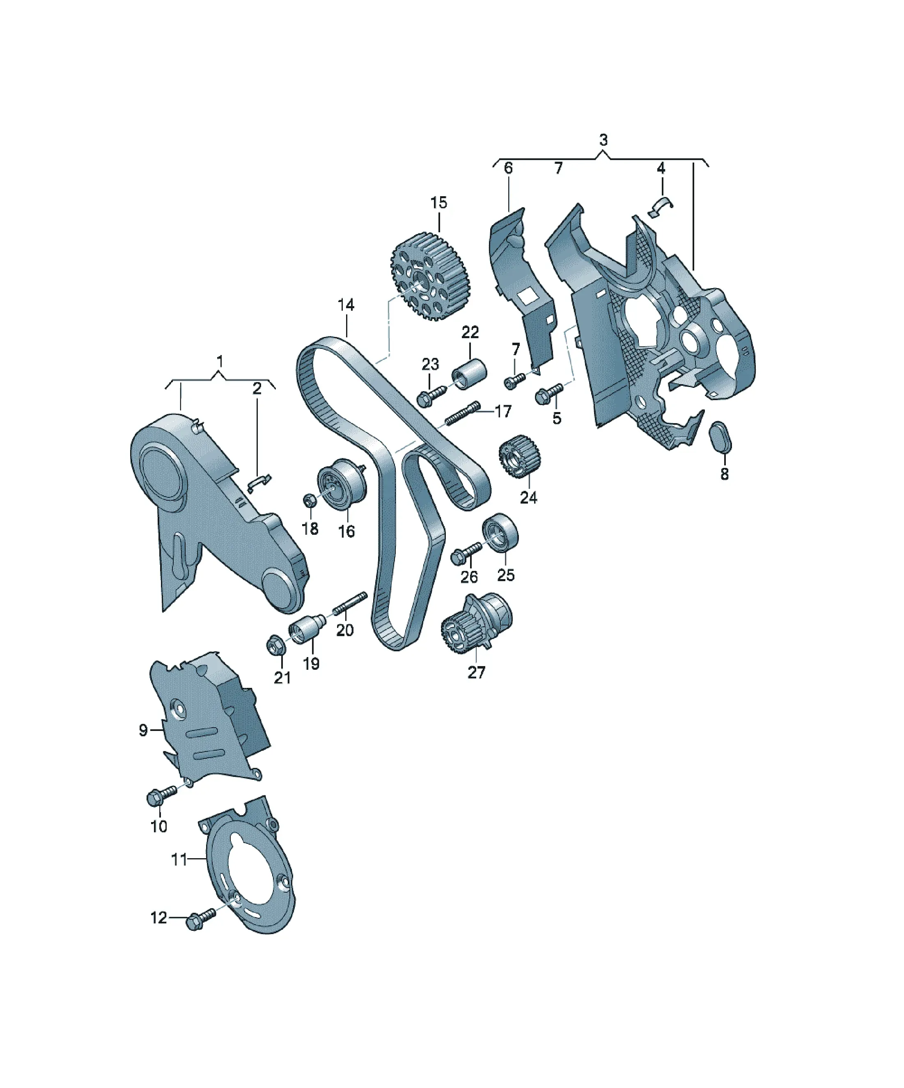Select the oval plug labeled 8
720,437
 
